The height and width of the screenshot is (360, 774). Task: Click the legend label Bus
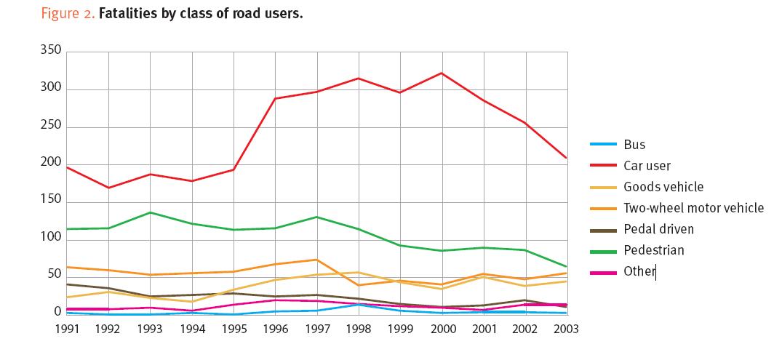tap(634, 145)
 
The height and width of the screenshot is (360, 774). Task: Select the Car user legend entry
tap(647, 166)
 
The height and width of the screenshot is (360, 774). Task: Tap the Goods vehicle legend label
tap(663, 187)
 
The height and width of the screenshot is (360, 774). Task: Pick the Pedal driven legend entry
tap(658, 229)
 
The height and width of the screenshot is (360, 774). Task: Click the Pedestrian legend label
tap(654, 250)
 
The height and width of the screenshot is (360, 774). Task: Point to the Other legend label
tap(639, 271)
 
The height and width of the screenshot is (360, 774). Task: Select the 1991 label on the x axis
tap(67, 329)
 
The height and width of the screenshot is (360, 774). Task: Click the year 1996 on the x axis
tap(275, 329)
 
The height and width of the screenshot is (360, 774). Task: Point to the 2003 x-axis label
tap(566, 329)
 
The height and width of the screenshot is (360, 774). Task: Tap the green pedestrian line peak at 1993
tap(151, 212)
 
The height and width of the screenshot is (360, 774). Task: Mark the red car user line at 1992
tap(108, 188)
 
